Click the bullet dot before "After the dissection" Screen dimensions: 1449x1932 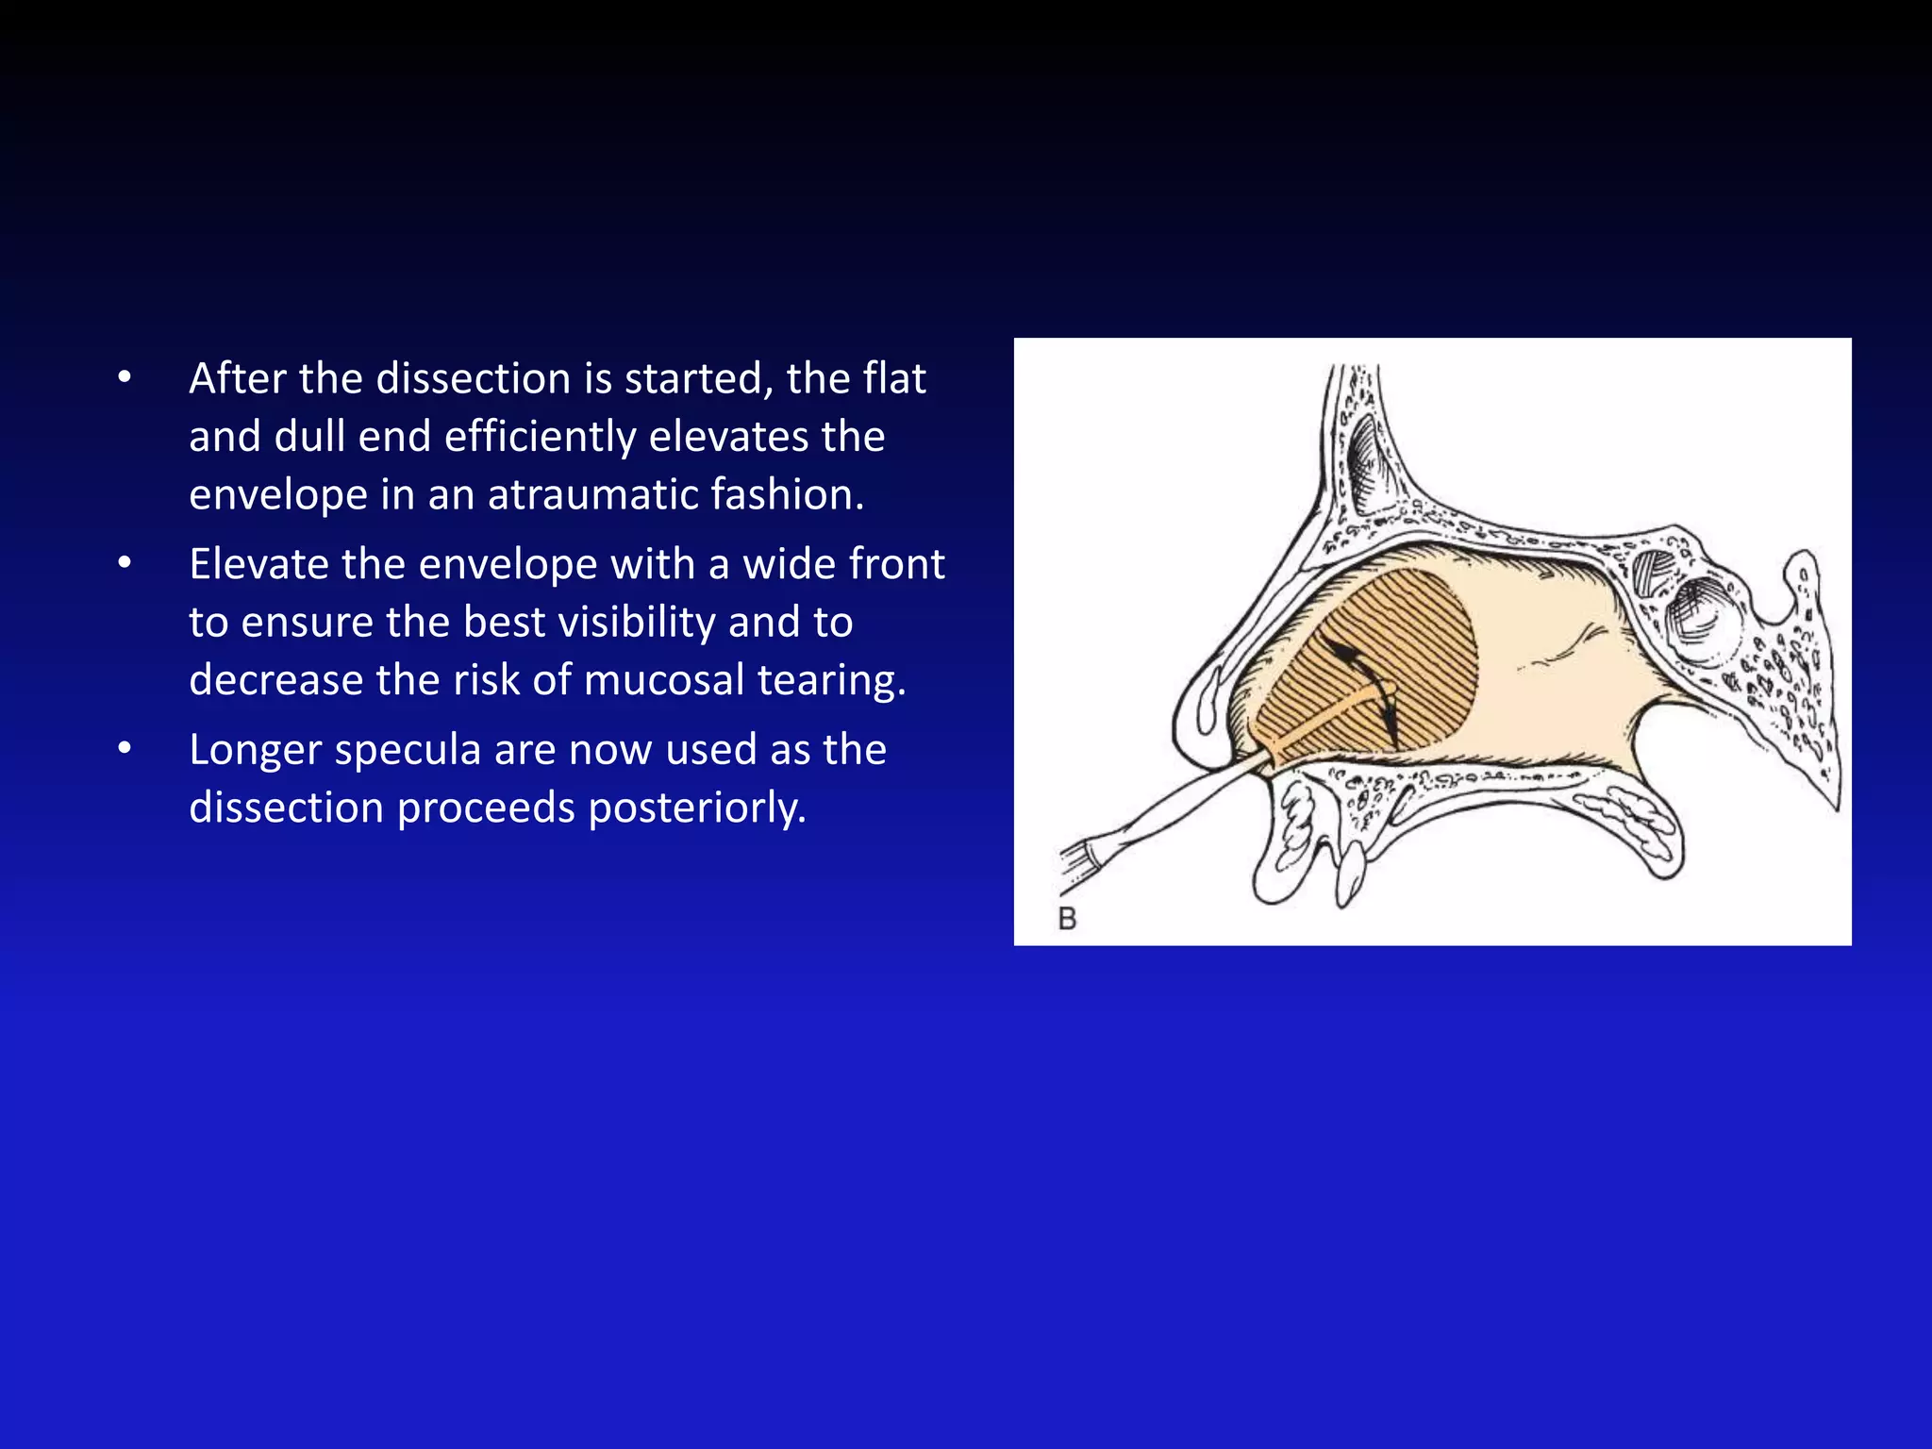point(125,379)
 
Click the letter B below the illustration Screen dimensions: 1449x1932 point(1067,918)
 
